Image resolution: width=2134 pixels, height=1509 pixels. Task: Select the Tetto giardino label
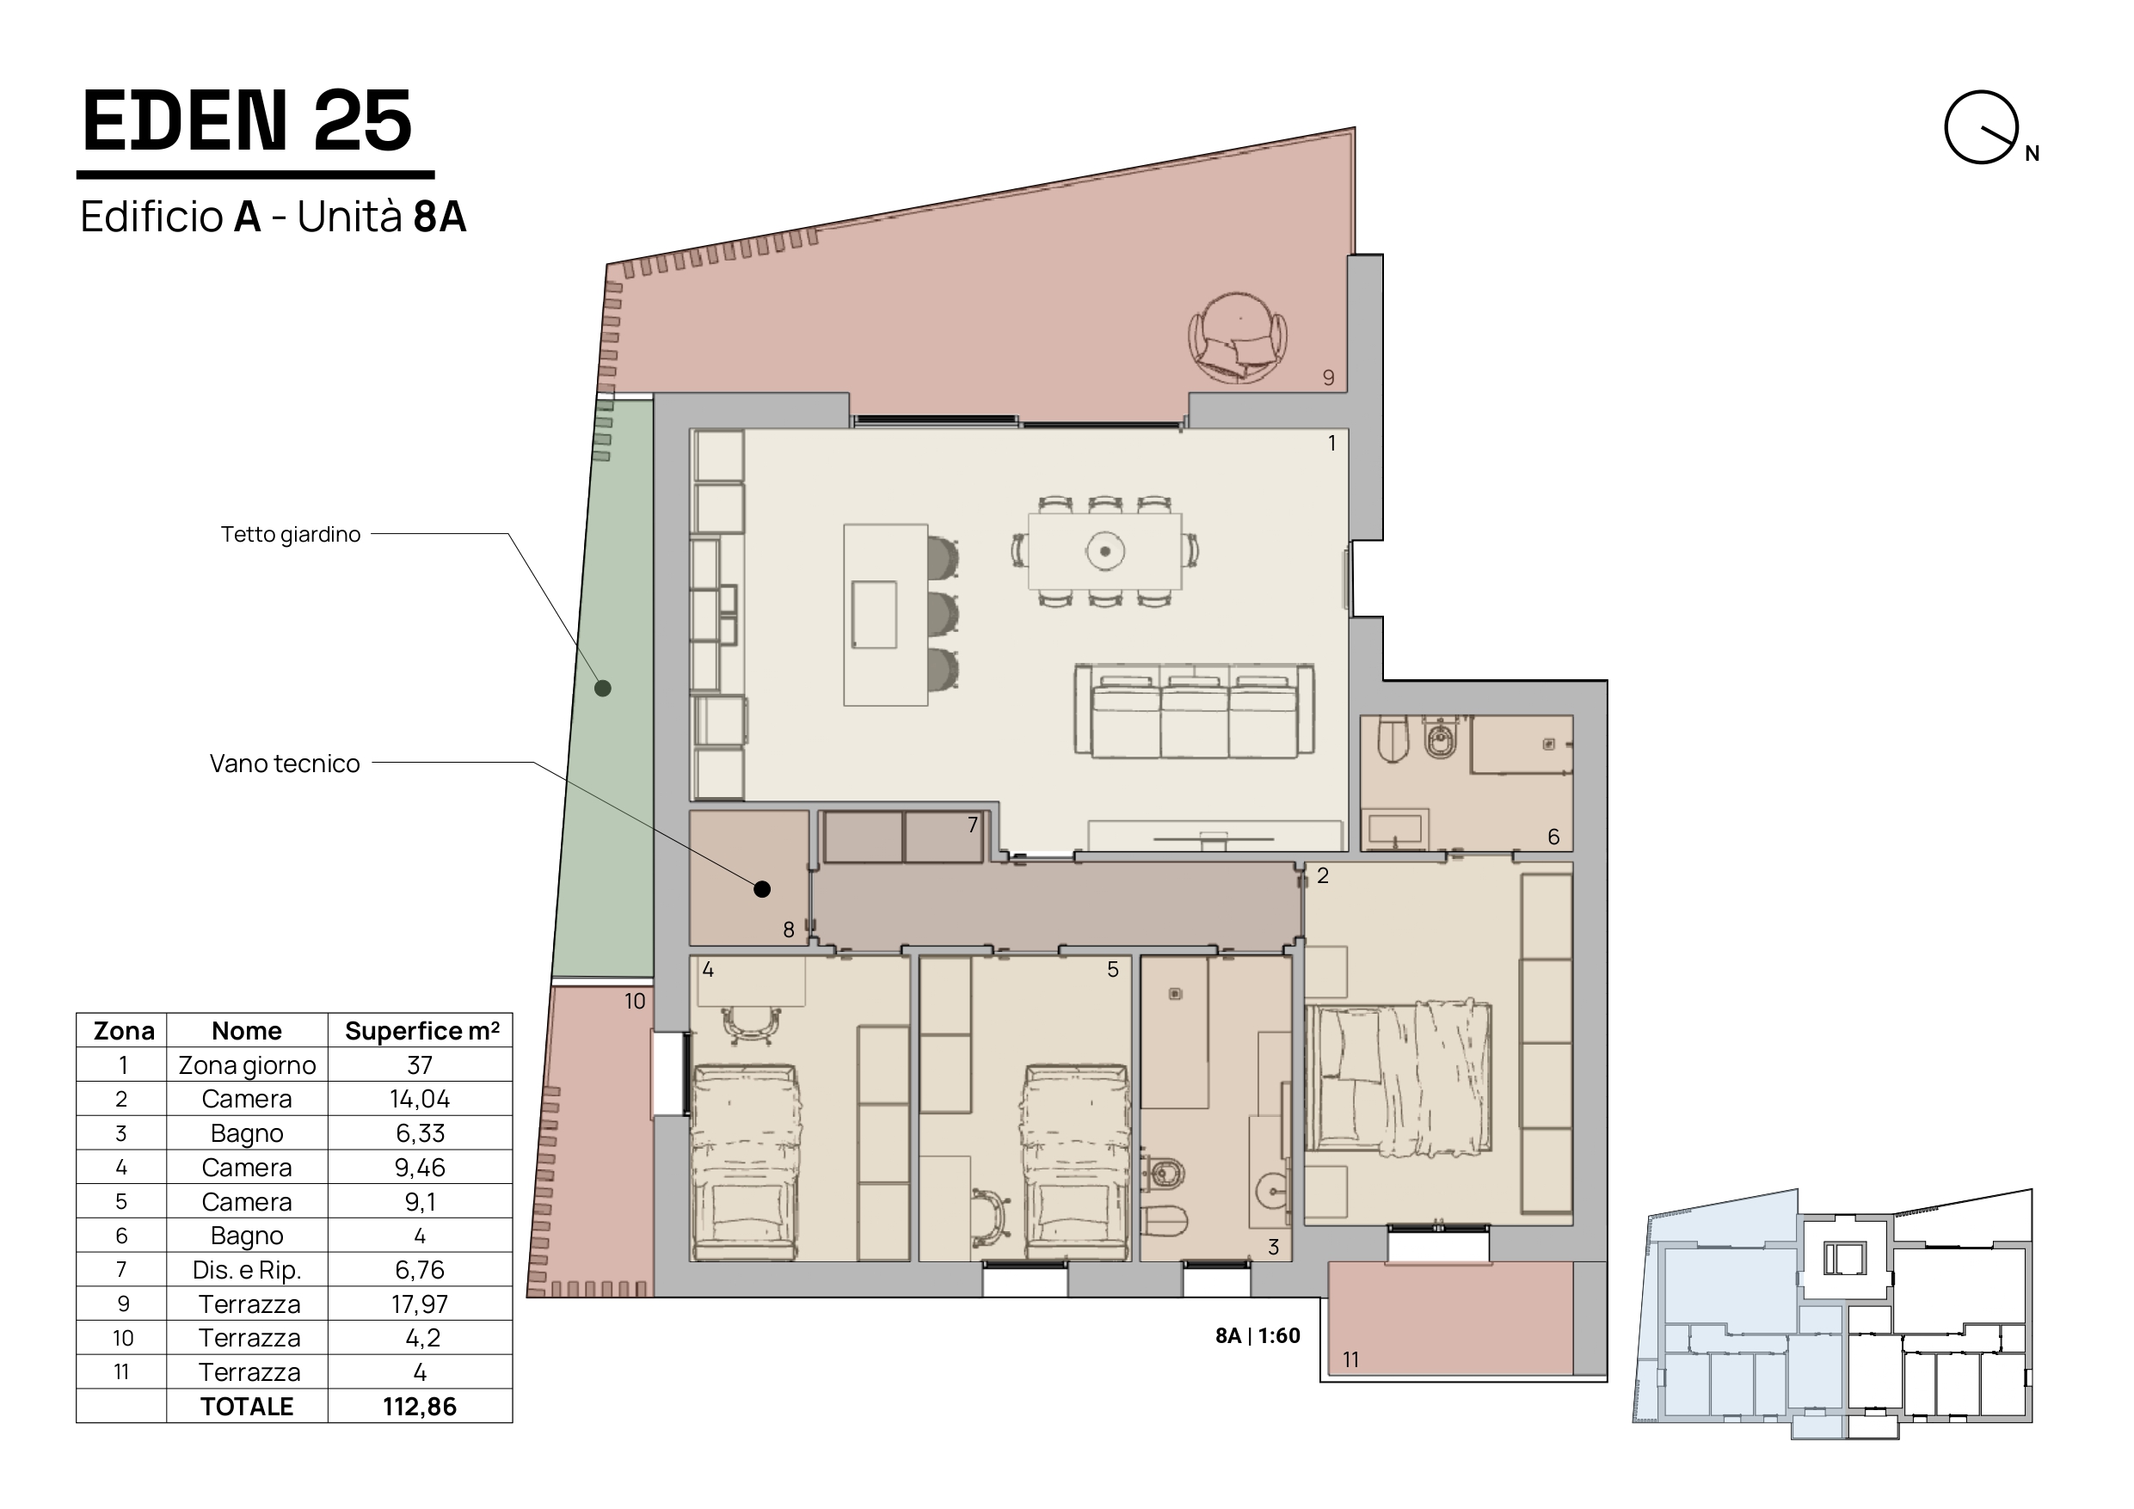pyautogui.click(x=290, y=534)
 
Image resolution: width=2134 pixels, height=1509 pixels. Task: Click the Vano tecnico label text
pyautogui.click(x=285, y=764)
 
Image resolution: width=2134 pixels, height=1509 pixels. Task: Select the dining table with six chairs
pyautogui.click(x=1105, y=551)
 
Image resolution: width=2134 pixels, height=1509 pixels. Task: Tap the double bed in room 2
pyautogui.click(x=1398, y=1077)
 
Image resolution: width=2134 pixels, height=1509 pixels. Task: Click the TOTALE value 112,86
pyautogui.click(x=419, y=1406)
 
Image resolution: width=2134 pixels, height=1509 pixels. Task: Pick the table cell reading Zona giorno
pyautogui.click(x=247, y=1064)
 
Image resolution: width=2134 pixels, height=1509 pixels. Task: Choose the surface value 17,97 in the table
pyautogui.click(x=419, y=1304)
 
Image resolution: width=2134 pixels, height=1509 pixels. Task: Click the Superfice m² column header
pyautogui.click(x=422, y=1030)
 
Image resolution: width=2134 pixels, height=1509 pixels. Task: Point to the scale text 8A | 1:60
pyautogui.click(x=1258, y=1336)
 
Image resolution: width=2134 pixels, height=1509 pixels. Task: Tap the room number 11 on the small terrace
pyautogui.click(x=1350, y=1359)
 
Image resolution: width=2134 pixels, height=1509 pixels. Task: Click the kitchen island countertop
pyautogui.click(x=886, y=615)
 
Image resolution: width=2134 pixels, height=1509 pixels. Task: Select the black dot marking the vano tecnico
pyautogui.click(x=762, y=889)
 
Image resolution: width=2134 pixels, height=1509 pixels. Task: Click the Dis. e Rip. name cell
pyautogui.click(x=247, y=1269)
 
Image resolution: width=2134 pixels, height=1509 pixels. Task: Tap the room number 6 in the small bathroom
pyautogui.click(x=1553, y=837)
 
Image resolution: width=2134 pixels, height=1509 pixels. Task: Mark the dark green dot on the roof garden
pyautogui.click(x=602, y=689)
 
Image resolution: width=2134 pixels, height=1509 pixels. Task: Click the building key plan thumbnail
pyautogui.click(x=1832, y=1314)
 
